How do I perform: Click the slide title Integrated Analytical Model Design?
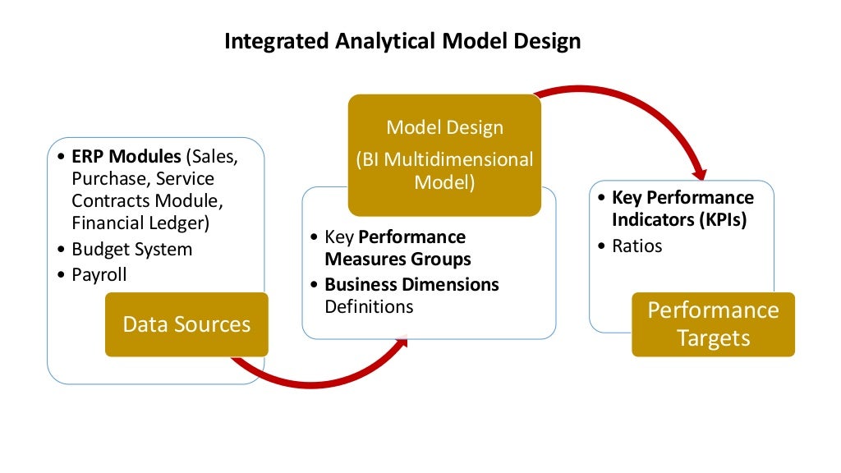402,41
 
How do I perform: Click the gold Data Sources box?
186,324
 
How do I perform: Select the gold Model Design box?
444,155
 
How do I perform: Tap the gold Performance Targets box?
713,324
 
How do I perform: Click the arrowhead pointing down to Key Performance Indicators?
700,173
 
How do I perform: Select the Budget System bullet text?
131,249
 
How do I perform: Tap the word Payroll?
99,274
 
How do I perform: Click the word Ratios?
636,246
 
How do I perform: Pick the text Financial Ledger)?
140,222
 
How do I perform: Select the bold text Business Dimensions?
411,285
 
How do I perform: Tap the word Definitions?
369,307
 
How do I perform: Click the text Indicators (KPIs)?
678,220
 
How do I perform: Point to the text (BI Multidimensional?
444,159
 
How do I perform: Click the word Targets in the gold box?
713,338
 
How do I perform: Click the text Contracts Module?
147,200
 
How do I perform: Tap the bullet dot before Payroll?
63,275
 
